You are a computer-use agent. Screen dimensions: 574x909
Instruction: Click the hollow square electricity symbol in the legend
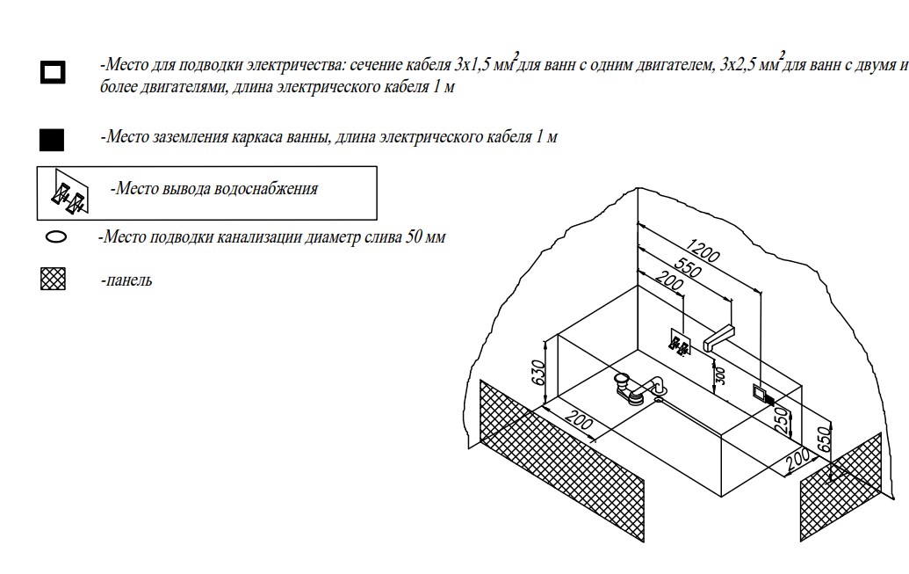pyautogui.click(x=53, y=72)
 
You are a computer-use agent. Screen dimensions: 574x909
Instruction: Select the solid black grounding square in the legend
pyautogui.click(x=53, y=139)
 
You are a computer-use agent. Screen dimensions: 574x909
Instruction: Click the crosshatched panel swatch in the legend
pyautogui.click(x=54, y=280)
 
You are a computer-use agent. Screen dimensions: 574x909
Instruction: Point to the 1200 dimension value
pyautogui.click(x=703, y=251)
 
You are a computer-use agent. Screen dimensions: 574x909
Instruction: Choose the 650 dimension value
pyautogui.click(x=823, y=440)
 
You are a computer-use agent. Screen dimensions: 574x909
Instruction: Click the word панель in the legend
pyautogui.click(x=127, y=280)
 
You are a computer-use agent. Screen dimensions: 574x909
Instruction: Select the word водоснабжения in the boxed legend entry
pyautogui.click(x=267, y=188)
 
